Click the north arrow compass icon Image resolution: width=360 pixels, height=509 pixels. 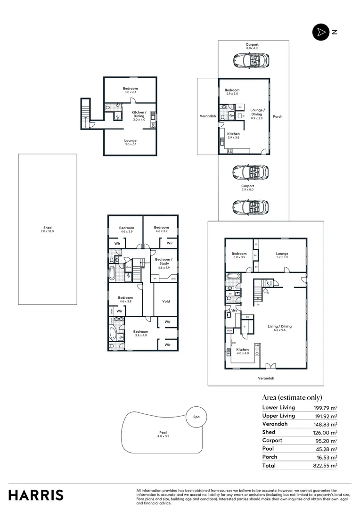[319, 32]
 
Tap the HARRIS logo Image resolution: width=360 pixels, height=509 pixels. [36, 495]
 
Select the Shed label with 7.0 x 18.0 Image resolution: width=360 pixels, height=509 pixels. [48, 230]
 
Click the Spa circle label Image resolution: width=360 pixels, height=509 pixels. [196, 417]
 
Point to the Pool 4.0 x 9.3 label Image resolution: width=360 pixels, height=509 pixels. [163, 435]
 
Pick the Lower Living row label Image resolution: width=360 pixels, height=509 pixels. [278, 408]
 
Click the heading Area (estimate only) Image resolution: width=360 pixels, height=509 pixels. [292, 397]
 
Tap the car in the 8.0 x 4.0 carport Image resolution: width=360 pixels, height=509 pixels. [251, 60]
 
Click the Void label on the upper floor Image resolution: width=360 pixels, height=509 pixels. [166, 301]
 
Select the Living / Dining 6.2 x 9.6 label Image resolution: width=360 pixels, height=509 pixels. [280, 328]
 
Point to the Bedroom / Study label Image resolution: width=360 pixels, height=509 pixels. [164, 262]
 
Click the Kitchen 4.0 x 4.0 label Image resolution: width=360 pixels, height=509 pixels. [242, 352]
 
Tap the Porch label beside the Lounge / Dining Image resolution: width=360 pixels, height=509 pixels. [278, 116]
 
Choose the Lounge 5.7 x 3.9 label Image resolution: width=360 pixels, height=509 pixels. [282, 255]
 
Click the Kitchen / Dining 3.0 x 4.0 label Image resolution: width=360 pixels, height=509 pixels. [139, 114]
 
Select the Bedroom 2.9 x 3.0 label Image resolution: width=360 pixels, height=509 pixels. [232, 92]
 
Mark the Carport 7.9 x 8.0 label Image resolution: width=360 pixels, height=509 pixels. [247, 188]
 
